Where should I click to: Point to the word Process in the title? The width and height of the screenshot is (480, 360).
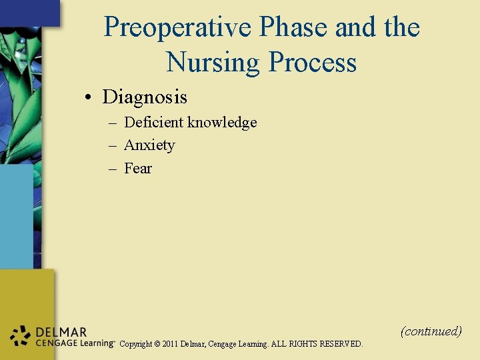tap(312, 63)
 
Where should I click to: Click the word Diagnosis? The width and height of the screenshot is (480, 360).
tap(145, 97)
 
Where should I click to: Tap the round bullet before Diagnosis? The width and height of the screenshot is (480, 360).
tap(88, 98)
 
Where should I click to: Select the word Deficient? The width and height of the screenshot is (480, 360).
tap(154, 123)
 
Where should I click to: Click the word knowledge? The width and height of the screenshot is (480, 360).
tap(222, 123)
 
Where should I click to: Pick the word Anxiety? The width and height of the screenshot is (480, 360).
tap(149, 145)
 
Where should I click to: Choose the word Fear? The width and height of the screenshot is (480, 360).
tap(138, 169)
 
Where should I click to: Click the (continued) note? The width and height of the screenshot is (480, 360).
tap(431, 331)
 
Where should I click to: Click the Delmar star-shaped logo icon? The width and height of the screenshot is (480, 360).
tap(21, 337)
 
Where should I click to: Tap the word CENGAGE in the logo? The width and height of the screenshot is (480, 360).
tap(54, 343)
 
